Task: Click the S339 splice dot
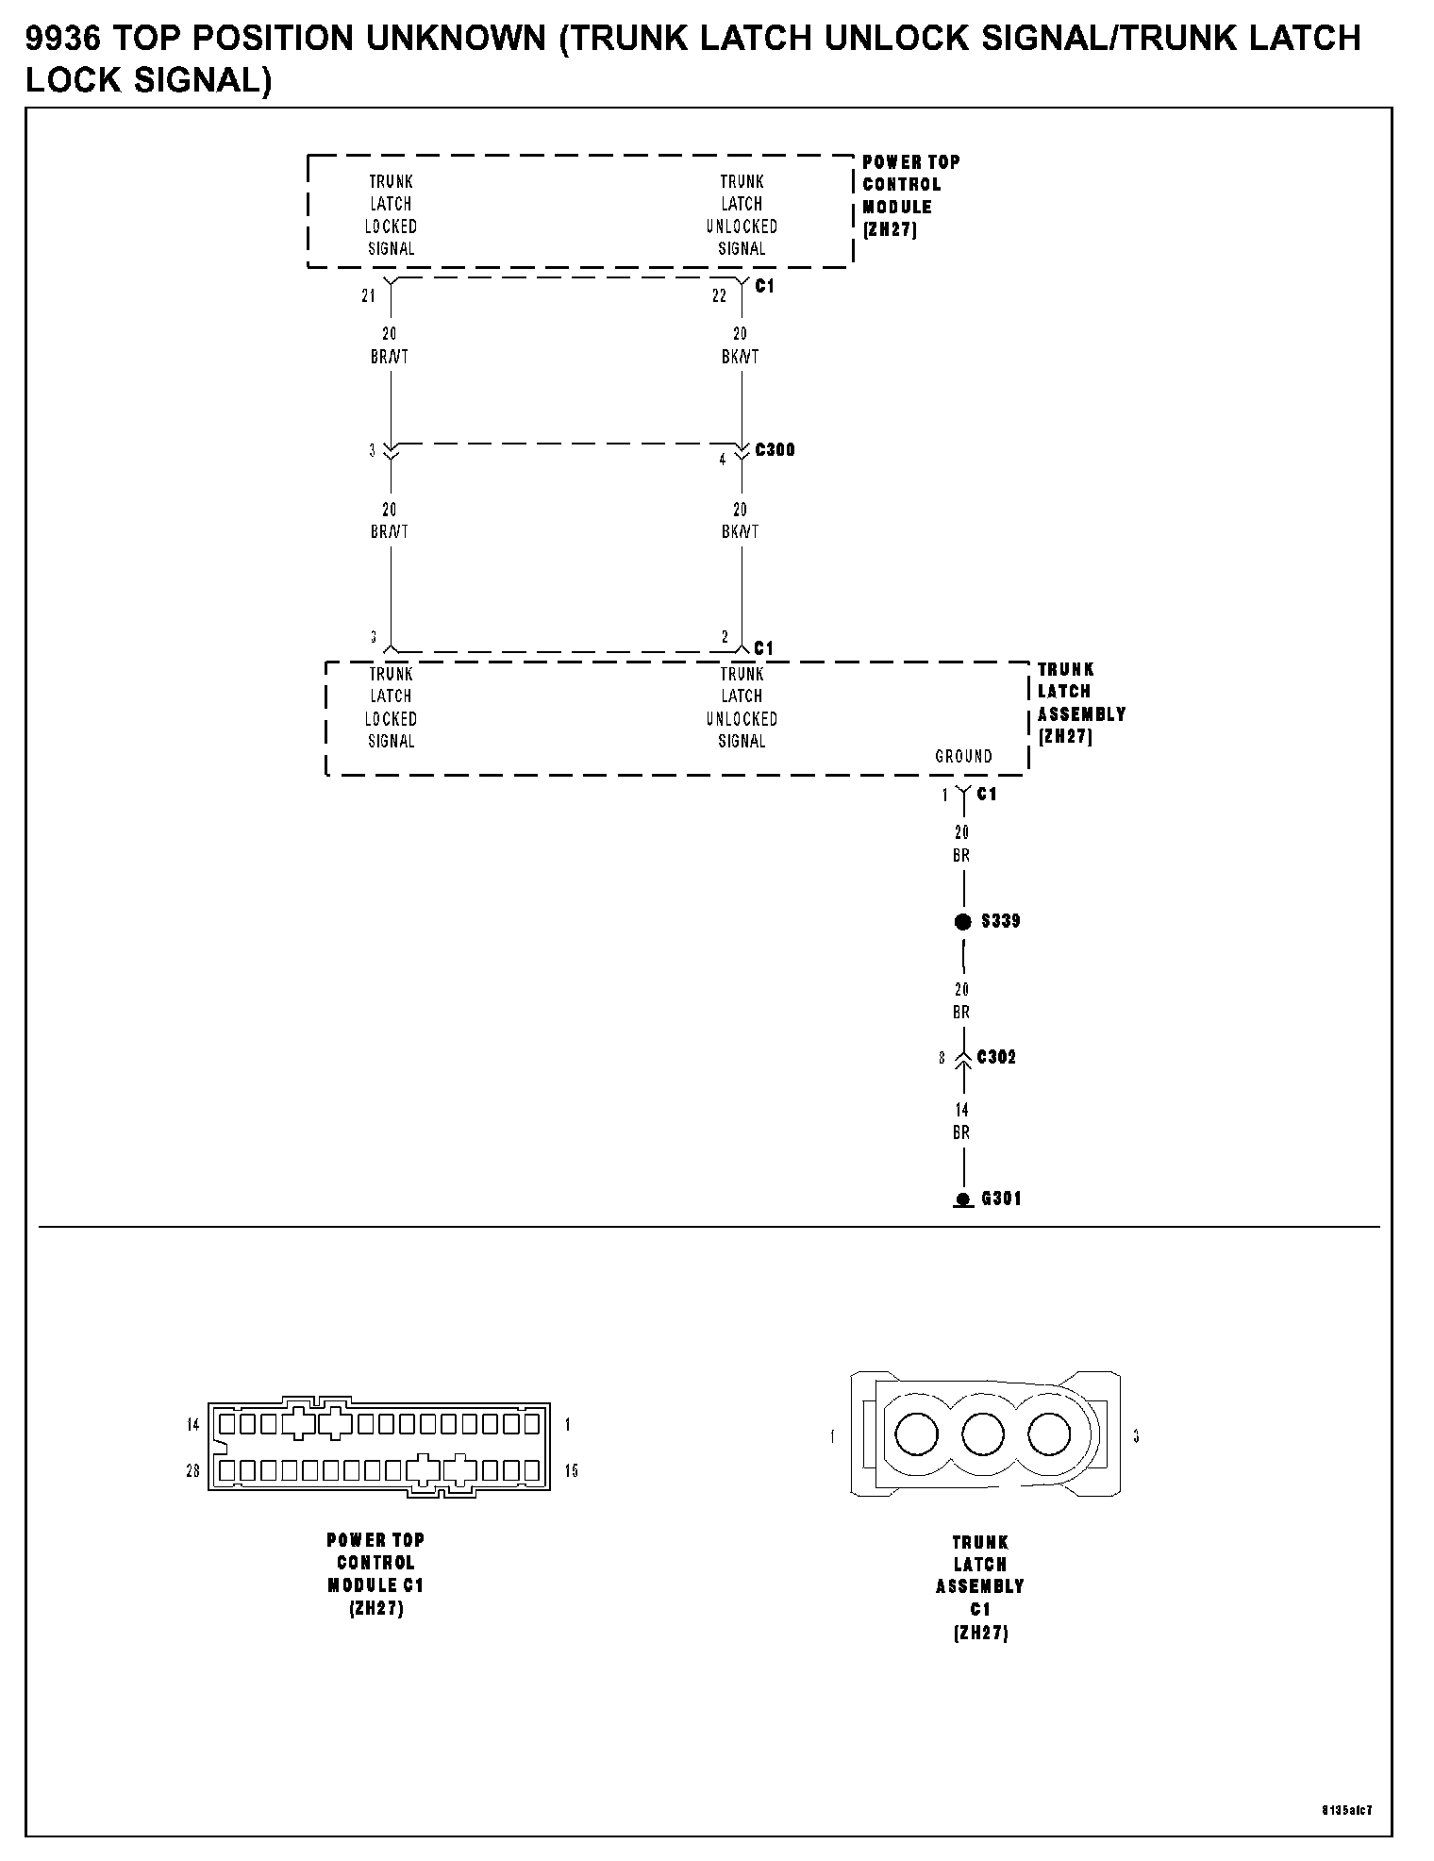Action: tap(962, 922)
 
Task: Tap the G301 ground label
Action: tap(1001, 1199)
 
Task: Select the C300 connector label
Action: tap(775, 450)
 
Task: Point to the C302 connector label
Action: tap(996, 1057)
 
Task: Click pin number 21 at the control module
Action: tap(368, 295)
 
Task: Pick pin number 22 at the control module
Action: tap(719, 295)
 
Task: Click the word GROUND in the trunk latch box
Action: tap(963, 756)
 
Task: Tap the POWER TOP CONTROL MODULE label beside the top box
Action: tap(910, 195)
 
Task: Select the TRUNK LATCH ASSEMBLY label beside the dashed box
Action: tap(1081, 703)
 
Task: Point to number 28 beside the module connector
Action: tap(192, 1470)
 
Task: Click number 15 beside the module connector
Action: tap(571, 1470)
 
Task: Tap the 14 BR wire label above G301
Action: tap(961, 1121)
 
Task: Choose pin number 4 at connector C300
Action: tap(723, 460)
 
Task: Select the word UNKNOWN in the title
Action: tap(456, 39)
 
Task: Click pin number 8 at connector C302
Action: tap(941, 1058)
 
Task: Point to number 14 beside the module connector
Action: tap(192, 1424)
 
